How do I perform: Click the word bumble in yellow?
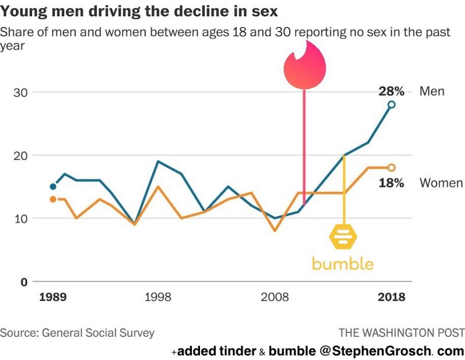(x=343, y=263)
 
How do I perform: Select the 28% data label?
(x=392, y=91)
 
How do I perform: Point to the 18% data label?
(x=392, y=183)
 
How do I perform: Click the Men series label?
(x=432, y=91)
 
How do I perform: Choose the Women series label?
(x=441, y=183)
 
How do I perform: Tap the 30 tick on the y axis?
(x=20, y=92)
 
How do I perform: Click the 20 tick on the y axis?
(x=20, y=156)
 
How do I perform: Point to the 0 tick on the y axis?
(x=24, y=282)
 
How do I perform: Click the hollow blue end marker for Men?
(x=392, y=105)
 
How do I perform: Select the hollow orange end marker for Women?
(x=392, y=167)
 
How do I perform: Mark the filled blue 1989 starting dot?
(x=53, y=186)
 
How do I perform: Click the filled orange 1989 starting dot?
(x=53, y=199)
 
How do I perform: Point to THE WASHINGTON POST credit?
(x=402, y=333)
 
